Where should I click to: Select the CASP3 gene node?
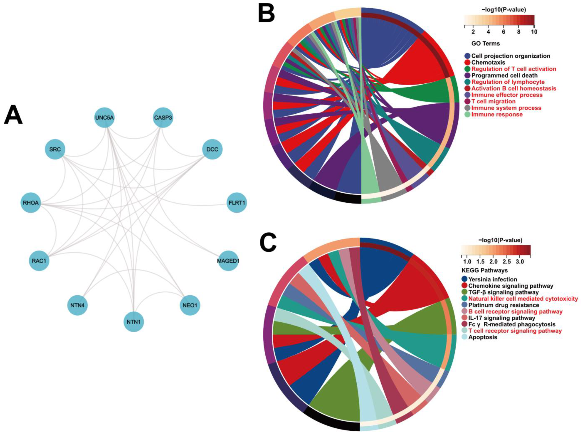point(163,117)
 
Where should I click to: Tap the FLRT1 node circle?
point(237,203)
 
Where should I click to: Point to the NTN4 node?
point(78,306)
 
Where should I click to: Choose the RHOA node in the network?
point(31,203)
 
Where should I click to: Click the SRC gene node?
point(55,149)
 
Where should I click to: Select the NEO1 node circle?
point(190,306)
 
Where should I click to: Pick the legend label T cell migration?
point(493,101)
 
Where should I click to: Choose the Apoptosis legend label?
point(483,337)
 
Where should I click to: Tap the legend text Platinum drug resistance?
point(503,305)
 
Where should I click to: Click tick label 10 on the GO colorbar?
point(534,32)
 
